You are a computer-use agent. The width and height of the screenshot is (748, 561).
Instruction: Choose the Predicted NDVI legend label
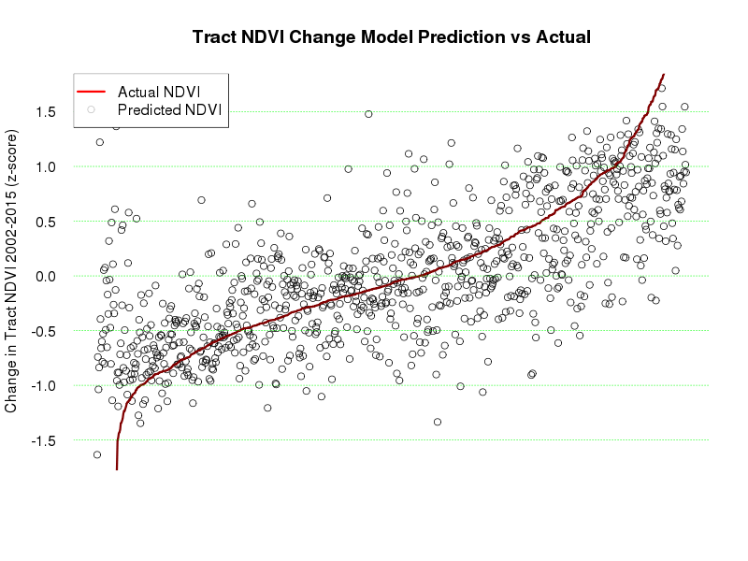point(168,110)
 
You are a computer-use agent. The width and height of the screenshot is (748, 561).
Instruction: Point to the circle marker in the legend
point(92,110)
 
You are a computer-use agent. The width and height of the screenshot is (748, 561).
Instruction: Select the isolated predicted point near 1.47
point(368,114)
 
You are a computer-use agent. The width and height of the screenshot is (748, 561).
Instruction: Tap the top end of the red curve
point(663,75)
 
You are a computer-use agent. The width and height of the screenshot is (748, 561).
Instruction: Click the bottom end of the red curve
point(117,467)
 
